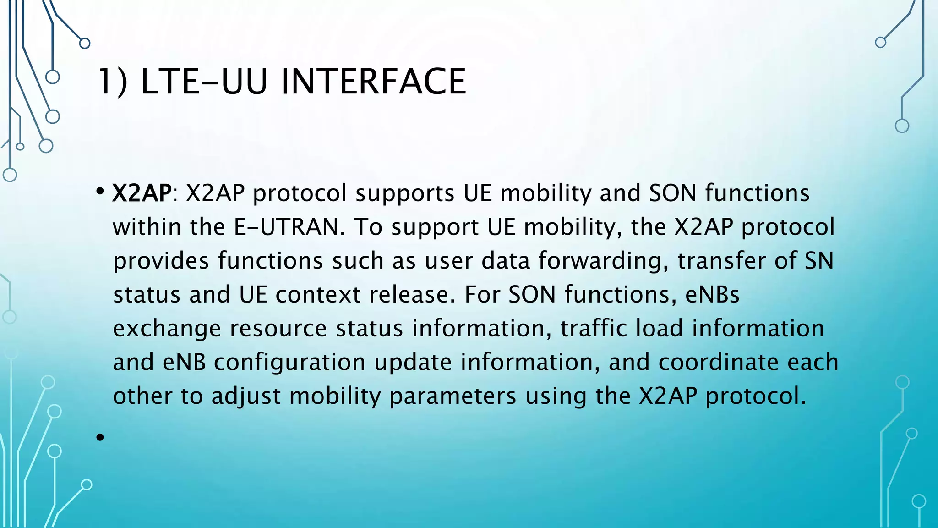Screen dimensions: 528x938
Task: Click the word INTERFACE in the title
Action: pyautogui.click(x=373, y=82)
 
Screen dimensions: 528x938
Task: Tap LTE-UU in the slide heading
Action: pyautogui.click(x=204, y=82)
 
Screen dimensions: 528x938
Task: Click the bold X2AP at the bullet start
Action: pyautogui.click(x=142, y=193)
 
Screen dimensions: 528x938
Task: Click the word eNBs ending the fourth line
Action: pyautogui.click(x=712, y=294)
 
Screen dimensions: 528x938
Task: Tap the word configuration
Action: pyautogui.click(x=289, y=362)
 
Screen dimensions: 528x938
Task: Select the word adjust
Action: pyautogui.click(x=246, y=396)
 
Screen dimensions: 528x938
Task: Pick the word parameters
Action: pyautogui.click(x=453, y=396)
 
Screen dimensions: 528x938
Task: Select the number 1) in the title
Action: pyautogui.click(x=112, y=82)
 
